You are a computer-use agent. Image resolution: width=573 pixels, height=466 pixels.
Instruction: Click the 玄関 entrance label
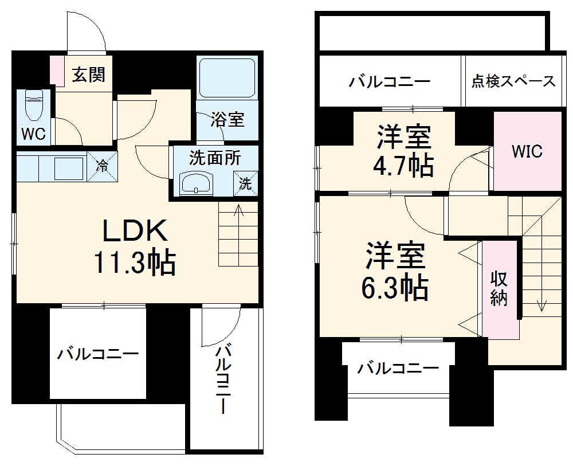tap(88, 74)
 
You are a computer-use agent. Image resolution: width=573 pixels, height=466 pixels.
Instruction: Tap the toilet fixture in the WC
tap(34, 105)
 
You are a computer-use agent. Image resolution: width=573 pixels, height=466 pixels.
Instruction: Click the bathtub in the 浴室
tap(227, 77)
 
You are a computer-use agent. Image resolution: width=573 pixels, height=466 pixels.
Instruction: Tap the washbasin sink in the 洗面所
tap(196, 184)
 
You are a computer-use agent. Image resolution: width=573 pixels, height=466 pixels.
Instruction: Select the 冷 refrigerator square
tap(103, 167)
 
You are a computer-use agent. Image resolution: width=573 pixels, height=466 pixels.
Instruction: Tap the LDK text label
tap(135, 230)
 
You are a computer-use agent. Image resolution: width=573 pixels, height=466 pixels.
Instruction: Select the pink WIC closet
tap(527, 152)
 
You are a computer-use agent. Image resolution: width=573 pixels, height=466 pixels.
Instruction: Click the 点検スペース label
tap(513, 81)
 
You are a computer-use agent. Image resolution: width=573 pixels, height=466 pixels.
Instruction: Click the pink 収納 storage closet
tap(499, 289)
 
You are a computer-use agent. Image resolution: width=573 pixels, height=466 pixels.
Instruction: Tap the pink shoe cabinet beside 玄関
tap(57, 71)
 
